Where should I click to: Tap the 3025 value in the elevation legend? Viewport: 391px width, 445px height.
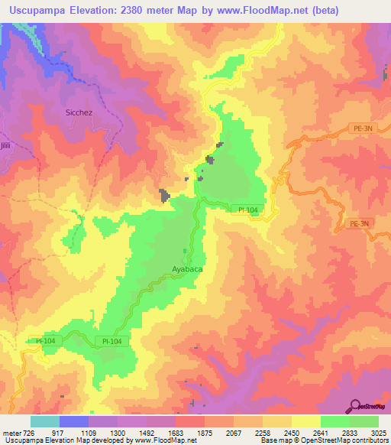[x=379, y=433]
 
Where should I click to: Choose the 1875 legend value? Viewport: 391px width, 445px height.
[x=204, y=433]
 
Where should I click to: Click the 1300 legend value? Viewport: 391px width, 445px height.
[x=117, y=433]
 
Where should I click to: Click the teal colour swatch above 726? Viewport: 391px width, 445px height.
[x=44, y=421]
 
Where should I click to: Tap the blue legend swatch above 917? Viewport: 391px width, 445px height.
[x=73, y=421]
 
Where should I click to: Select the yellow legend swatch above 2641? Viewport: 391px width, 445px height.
[x=305, y=421]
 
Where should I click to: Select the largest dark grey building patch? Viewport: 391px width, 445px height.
[x=164, y=196]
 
